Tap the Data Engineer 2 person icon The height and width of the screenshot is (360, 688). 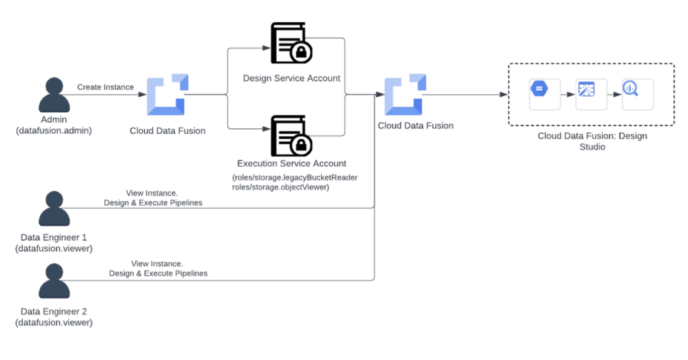(54, 281)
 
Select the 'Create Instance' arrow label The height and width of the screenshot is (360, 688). (105, 87)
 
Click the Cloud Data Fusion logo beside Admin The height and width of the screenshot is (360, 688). (165, 96)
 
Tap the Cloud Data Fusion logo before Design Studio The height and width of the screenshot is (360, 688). (404, 96)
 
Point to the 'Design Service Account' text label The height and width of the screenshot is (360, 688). (292, 79)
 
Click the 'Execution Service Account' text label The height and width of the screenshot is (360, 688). (292, 163)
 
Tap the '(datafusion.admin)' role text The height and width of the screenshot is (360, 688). (54, 130)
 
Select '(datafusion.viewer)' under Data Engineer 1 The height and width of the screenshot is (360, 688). (54, 249)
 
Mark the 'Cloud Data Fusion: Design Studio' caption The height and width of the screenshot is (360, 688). (592, 141)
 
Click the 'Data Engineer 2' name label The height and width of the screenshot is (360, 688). (54, 312)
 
